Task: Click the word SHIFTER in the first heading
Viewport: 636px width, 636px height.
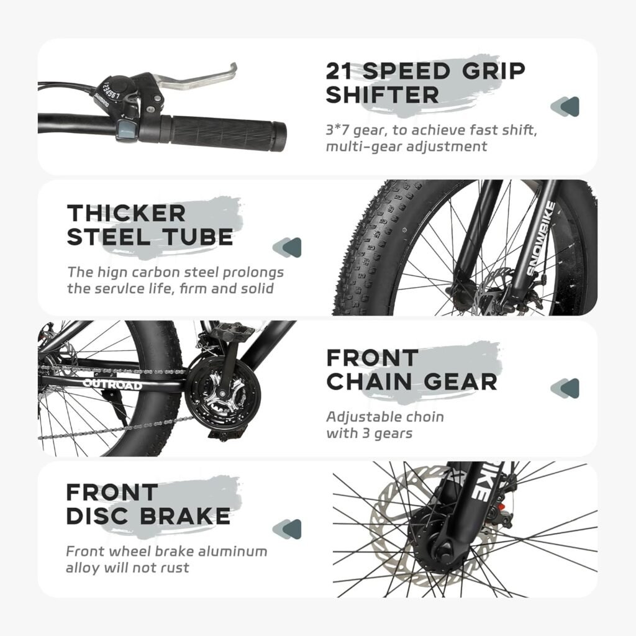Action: tap(382, 95)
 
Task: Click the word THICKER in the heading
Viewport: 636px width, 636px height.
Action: tap(126, 213)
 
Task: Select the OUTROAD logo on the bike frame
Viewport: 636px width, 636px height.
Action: tap(112, 384)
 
